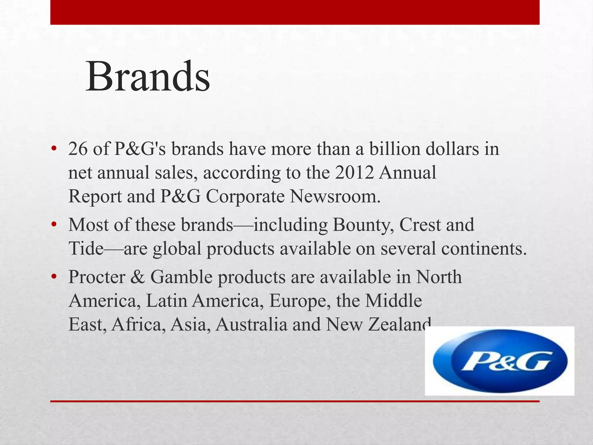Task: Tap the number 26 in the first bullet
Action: (x=78, y=149)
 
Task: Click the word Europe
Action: (x=300, y=301)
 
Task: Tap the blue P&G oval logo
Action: (x=500, y=361)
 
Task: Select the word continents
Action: (x=453, y=249)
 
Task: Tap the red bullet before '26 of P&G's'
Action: (x=54, y=149)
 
